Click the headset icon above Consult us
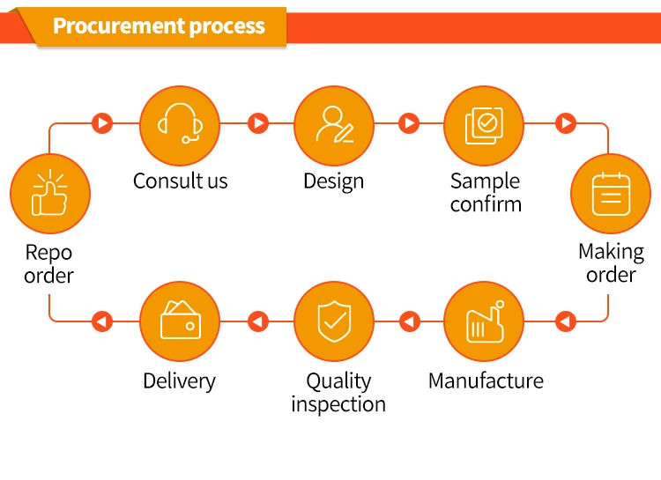pyautogui.click(x=180, y=123)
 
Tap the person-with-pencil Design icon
pyautogui.click(x=334, y=124)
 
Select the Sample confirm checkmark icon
pyautogui.click(x=484, y=126)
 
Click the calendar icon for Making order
pyautogui.click(x=611, y=194)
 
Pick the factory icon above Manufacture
pyautogui.click(x=486, y=321)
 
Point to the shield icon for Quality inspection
pyautogui.click(x=334, y=321)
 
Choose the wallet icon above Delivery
pyautogui.click(x=181, y=320)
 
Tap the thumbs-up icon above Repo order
pyautogui.click(x=49, y=193)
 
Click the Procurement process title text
pyautogui.click(x=159, y=26)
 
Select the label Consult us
pyautogui.click(x=181, y=181)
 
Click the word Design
pyautogui.click(x=333, y=181)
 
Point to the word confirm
pyautogui.click(x=486, y=204)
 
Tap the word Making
pyautogui.click(x=611, y=253)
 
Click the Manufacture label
pyautogui.click(x=486, y=381)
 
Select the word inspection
pyautogui.click(x=338, y=404)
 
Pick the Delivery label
pyautogui.click(x=179, y=381)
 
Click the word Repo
pyautogui.click(x=48, y=253)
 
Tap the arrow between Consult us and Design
pyautogui.click(x=258, y=123)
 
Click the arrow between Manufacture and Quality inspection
pyautogui.click(x=409, y=321)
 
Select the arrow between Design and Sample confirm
pyautogui.click(x=409, y=123)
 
